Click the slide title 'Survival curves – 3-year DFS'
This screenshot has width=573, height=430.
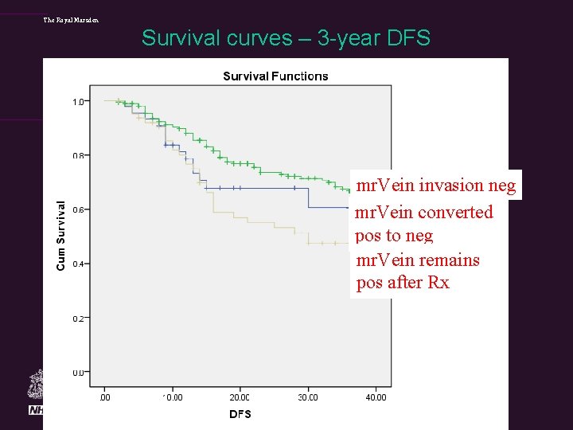coord(286,37)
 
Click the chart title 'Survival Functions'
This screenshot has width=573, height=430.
coord(275,76)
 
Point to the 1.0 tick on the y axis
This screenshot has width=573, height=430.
coord(78,102)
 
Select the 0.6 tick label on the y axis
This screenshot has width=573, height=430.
coord(78,210)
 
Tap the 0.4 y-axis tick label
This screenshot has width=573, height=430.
coord(78,264)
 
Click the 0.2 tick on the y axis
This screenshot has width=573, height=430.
coord(78,319)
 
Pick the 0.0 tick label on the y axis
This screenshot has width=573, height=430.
coord(78,373)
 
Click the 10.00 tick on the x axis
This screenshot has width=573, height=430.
coord(171,397)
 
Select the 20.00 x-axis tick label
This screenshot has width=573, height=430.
coord(240,397)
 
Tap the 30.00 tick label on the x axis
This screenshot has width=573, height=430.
coord(307,397)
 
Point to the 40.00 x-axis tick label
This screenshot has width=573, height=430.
coord(376,397)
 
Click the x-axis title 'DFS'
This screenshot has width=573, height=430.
coord(240,414)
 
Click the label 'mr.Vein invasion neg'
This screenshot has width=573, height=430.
coord(435,186)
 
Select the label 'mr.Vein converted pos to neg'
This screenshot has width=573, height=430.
coord(423,224)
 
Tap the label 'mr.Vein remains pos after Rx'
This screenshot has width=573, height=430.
coord(417,272)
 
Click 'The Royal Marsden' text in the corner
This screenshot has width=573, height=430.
coord(72,19)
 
